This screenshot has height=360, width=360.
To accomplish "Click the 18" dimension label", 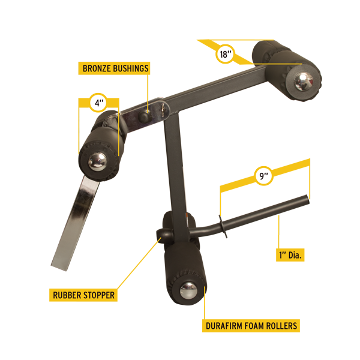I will [224, 53].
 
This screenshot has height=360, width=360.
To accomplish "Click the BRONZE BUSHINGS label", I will [114, 68].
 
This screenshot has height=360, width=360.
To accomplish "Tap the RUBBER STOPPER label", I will [83, 295].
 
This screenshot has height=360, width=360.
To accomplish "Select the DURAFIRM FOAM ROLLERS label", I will [251, 326].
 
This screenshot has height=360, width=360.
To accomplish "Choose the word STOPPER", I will [98, 295].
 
